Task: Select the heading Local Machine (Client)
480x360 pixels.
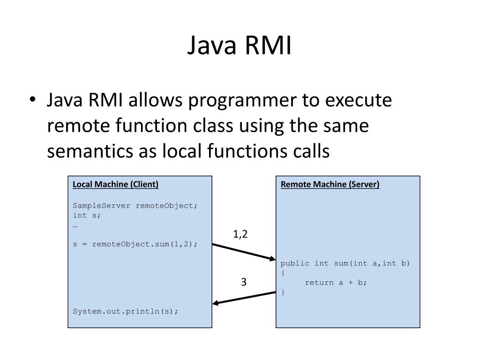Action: click(x=115, y=184)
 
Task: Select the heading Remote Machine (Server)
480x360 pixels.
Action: click(x=330, y=184)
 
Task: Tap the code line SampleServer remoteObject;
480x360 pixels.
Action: click(x=135, y=206)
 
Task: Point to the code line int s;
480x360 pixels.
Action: click(x=87, y=215)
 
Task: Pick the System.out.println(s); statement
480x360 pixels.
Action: click(x=126, y=311)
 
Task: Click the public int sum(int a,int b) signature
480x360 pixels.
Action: click(x=345, y=263)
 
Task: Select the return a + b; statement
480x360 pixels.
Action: click(x=336, y=282)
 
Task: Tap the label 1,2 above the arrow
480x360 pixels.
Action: click(x=240, y=234)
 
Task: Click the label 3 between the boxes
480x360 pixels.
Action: click(x=244, y=282)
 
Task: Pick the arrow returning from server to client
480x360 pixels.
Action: click(x=244, y=298)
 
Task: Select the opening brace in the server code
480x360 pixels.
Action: click(x=283, y=273)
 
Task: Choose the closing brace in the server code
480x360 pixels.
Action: click(x=283, y=292)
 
